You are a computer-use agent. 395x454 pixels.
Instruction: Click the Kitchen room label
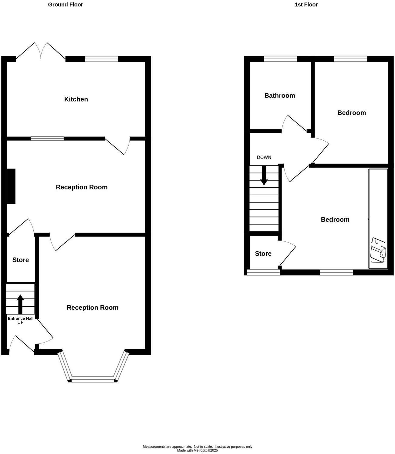(76, 99)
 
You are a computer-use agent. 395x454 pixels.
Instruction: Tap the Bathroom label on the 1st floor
(279, 96)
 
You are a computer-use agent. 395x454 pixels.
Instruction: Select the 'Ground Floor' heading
(65, 5)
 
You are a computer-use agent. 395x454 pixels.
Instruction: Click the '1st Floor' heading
(306, 5)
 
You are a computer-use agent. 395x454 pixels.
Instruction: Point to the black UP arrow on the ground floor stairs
(20, 304)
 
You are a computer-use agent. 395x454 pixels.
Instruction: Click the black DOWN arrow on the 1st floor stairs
(264, 176)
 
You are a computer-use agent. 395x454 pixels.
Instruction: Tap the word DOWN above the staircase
(264, 157)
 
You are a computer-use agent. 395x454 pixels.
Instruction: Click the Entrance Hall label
(20, 319)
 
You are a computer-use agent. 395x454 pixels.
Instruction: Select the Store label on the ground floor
(21, 260)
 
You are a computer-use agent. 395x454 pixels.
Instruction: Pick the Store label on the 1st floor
(263, 254)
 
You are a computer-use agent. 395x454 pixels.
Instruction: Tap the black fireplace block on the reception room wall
(11, 186)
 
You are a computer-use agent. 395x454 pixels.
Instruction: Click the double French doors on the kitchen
(41, 51)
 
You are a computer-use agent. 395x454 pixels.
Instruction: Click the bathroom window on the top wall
(280, 59)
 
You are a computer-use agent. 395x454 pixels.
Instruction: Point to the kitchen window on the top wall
(101, 59)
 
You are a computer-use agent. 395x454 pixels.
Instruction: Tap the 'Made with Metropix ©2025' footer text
(197, 450)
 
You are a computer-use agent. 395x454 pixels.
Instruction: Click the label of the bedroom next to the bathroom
(351, 113)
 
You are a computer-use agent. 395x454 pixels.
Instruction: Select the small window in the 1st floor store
(263, 273)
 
